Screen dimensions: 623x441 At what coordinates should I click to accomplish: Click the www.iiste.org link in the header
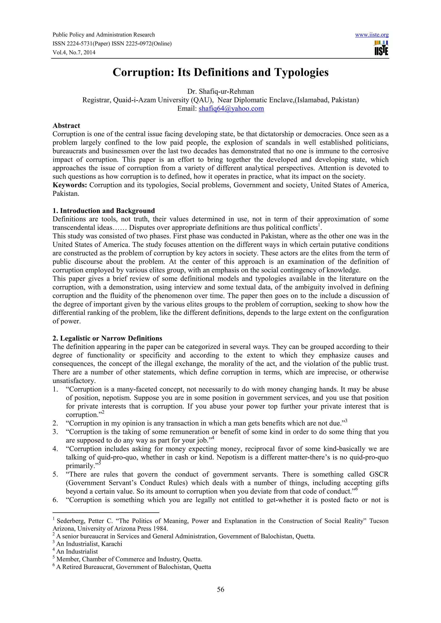pyautogui.click(x=371, y=35)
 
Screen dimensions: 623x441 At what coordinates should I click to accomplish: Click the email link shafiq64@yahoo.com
pyautogui.click(x=231, y=109)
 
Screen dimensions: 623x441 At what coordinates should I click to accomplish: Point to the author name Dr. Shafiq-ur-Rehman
pyautogui.click(x=220, y=91)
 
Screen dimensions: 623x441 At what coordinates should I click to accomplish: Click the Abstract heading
pyautogui.click(x=66, y=126)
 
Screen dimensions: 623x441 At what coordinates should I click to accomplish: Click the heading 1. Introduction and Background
pyautogui.click(x=104, y=211)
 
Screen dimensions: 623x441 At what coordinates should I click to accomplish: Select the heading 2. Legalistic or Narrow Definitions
pyautogui.click(x=107, y=338)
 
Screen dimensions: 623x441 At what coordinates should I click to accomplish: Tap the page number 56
pyautogui.click(x=220, y=589)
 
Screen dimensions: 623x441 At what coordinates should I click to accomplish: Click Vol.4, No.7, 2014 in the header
pyautogui.click(x=74, y=52)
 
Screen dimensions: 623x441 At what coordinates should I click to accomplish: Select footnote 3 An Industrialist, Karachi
pyautogui.click(x=89, y=544)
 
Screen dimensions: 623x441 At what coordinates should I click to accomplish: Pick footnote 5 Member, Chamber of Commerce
pyautogui.click(x=129, y=559)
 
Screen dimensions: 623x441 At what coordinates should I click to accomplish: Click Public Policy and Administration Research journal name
pyautogui.click(x=104, y=35)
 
